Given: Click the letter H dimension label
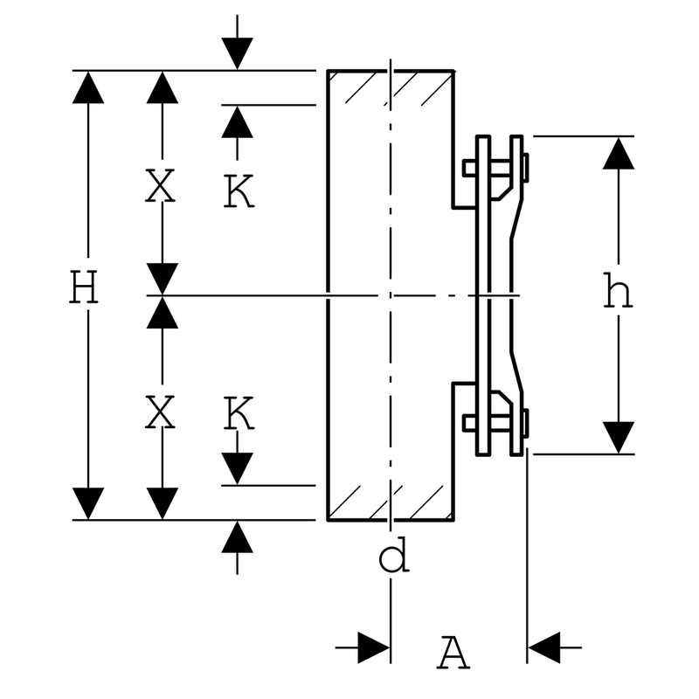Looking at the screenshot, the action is pyautogui.click(x=84, y=287).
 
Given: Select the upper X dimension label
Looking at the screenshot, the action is pyautogui.click(x=160, y=185).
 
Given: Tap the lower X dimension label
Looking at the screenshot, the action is pyautogui.click(x=160, y=412).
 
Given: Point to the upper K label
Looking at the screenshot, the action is pyautogui.click(x=239, y=191).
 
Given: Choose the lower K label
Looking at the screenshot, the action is pyautogui.click(x=239, y=412).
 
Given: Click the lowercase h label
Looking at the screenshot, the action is pyautogui.click(x=618, y=291).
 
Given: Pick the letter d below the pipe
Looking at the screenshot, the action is pyautogui.click(x=394, y=555).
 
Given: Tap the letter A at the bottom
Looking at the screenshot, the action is pyautogui.click(x=453, y=653).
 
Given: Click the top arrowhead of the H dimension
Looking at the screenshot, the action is pyautogui.click(x=88, y=87).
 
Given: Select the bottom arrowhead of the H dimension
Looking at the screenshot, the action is pyautogui.click(x=88, y=504).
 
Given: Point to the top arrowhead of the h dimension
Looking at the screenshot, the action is pyautogui.click(x=619, y=153).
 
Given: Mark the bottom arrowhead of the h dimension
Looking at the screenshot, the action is pyautogui.click(x=619, y=438).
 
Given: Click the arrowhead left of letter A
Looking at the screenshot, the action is pyautogui.click(x=374, y=647).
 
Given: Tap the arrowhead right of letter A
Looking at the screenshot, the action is pyautogui.click(x=543, y=647).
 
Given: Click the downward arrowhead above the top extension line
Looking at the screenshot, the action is pyautogui.click(x=237, y=54).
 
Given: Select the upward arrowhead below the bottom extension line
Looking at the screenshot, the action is pyautogui.click(x=237, y=537).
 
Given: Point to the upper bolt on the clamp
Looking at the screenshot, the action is pyautogui.click(x=495, y=168).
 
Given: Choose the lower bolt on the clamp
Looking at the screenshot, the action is pyautogui.click(x=495, y=423).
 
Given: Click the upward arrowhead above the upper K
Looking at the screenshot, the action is pyautogui.click(x=237, y=122).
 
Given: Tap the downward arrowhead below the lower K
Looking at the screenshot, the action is pyautogui.click(x=237, y=468).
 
